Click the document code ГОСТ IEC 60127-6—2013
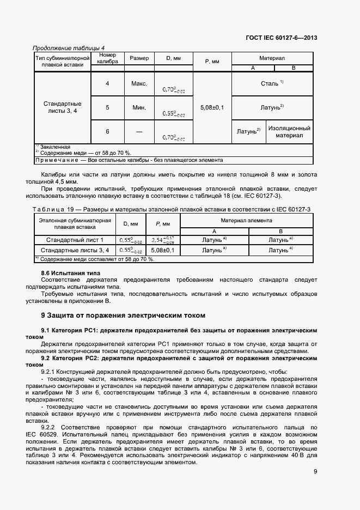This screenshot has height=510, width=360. pos(282,38)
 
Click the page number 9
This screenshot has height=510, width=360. pos(315,472)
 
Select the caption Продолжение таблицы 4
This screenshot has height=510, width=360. pos(69,48)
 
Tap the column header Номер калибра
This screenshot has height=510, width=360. pos(107,58)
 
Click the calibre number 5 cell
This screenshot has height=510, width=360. pos(107,107)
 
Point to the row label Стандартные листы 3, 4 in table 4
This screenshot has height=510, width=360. pos(62,107)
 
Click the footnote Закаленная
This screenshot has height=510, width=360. pos(54,147)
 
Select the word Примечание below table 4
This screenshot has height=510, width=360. pos(57,160)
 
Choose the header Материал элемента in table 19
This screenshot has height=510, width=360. pos(246,220)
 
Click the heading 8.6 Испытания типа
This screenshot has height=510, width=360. pos(71,272)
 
